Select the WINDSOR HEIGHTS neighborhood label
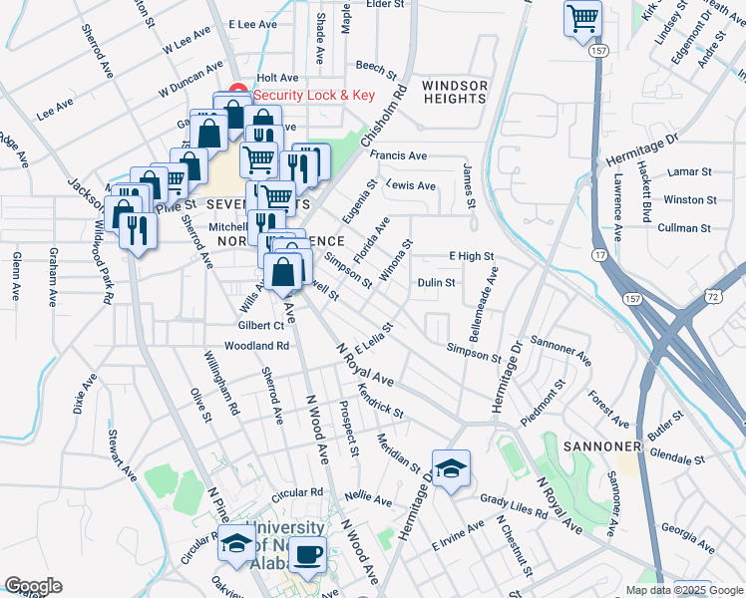coord(455,92)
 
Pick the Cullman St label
coord(683,228)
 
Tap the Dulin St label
coord(436,282)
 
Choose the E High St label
coord(471,256)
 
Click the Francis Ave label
coord(398,155)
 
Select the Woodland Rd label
coord(256,346)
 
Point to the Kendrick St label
coord(380,400)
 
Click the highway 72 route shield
coord(711,297)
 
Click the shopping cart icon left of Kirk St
coord(583,17)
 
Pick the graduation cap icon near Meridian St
coord(451,469)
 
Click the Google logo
coord(33,586)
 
